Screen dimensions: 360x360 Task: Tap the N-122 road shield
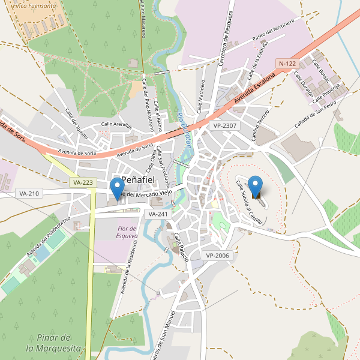click(x=287, y=63)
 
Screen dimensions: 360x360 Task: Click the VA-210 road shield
click(x=29, y=194)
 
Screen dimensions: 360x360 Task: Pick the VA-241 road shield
click(x=158, y=214)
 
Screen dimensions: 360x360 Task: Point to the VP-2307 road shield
click(x=225, y=126)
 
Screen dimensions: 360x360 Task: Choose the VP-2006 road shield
click(x=217, y=256)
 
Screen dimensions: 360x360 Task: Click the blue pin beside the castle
click(x=256, y=185)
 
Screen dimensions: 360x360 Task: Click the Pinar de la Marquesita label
click(x=53, y=343)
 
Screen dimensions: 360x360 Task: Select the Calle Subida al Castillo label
click(x=248, y=203)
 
